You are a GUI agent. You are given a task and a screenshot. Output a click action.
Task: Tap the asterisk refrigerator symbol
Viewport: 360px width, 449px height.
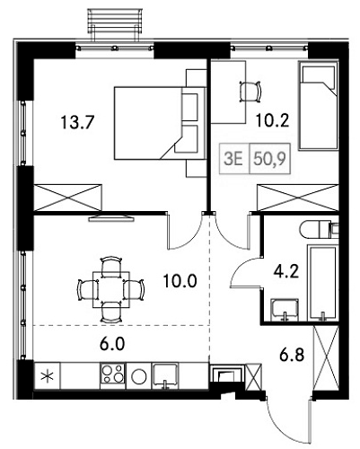click(49, 375)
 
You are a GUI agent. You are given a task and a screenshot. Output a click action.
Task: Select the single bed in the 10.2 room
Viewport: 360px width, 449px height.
click(318, 108)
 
